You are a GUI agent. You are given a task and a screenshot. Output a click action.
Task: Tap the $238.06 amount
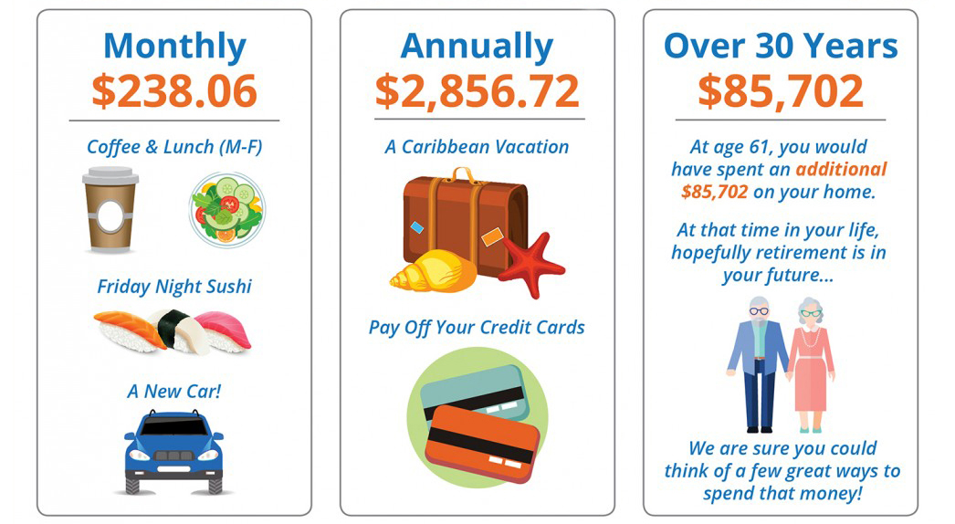pyautogui.click(x=174, y=90)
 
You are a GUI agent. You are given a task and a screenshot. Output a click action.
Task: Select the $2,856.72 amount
pyautogui.click(x=477, y=90)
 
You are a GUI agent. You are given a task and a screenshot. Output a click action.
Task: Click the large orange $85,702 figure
pyautogui.click(x=781, y=90)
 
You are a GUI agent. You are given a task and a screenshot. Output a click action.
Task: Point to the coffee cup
pyautogui.click(x=110, y=210)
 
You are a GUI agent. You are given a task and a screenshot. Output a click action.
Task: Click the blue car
pyautogui.click(x=174, y=452)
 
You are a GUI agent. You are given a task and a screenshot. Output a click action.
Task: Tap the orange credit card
pyautogui.click(x=482, y=443)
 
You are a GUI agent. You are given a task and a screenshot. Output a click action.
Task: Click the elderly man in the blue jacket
pyautogui.click(x=759, y=363)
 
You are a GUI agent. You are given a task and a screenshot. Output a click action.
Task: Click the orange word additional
pyautogui.click(x=841, y=170)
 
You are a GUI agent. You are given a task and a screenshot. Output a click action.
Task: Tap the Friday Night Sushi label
pyautogui.click(x=174, y=287)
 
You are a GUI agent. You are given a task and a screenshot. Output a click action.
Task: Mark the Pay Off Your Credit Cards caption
pyautogui.click(x=477, y=328)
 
